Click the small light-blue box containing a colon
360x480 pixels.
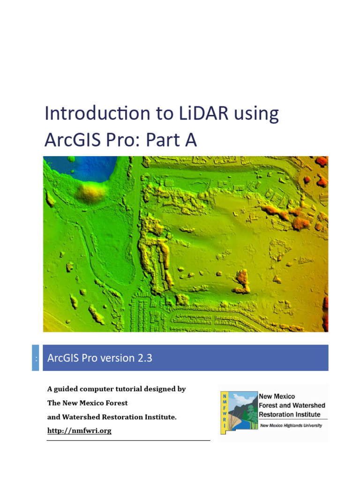coord(36,358)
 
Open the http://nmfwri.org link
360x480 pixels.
coord(79,431)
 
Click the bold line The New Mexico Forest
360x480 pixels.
coord(87,403)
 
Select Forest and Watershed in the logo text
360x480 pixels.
coord(292,405)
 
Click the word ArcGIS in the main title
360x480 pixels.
coord(75,140)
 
